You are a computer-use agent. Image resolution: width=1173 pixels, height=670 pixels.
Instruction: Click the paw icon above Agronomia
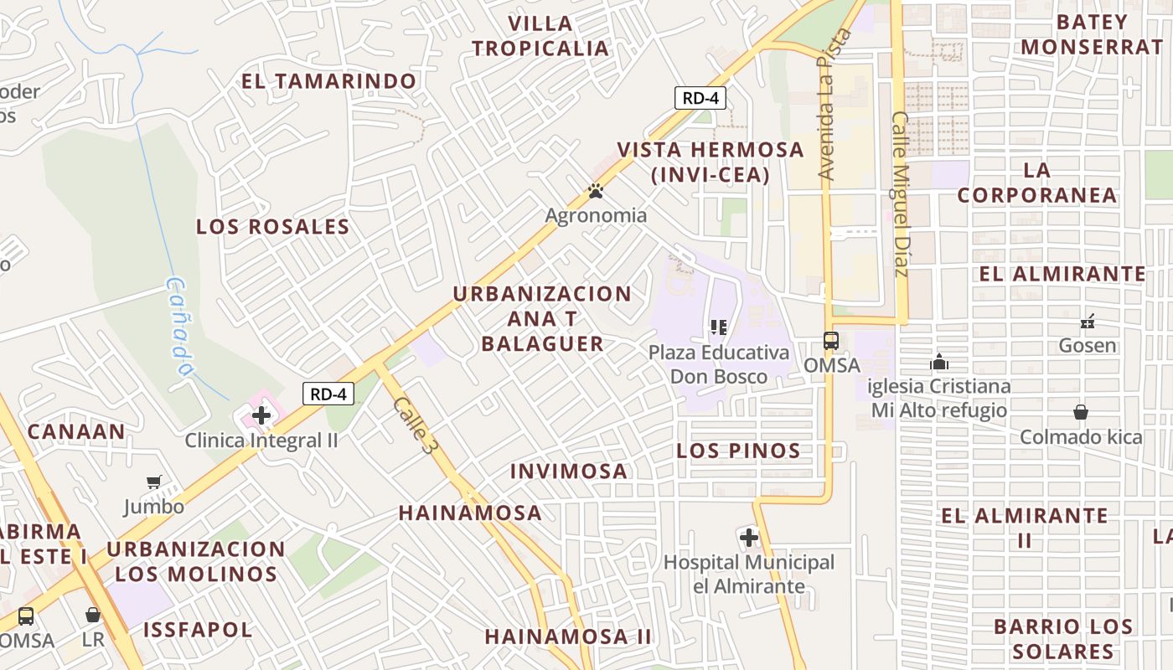pyautogui.click(x=596, y=192)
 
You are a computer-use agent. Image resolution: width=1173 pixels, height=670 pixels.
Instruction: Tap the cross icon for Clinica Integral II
pyautogui.click(x=261, y=415)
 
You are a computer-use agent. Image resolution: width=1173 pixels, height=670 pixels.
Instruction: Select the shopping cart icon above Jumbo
pyautogui.click(x=153, y=482)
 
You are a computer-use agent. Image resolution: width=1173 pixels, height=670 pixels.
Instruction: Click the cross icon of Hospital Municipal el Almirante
pyautogui.click(x=749, y=537)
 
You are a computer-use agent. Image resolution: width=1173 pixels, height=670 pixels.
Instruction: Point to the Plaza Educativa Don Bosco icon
pyautogui.click(x=718, y=327)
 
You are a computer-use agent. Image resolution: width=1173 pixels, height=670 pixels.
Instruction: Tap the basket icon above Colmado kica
pyautogui.click(x=1081, y=412)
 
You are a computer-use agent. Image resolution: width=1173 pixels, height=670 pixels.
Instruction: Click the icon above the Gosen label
pyautogui.click(x=1088, y=321)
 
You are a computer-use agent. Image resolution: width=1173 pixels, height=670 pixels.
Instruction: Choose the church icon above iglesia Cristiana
pyautogui.click(x=939, y=362)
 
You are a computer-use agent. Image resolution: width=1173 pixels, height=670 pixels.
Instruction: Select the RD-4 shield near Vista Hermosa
pyautogui.click(x=700, y=98)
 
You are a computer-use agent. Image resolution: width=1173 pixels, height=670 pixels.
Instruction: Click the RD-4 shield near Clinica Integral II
pyautogui.click(x=328, y=394)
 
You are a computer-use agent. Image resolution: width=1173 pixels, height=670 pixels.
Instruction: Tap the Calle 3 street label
pyautogui.click(x=416, y=425)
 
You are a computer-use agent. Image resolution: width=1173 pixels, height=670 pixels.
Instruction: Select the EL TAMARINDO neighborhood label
pyautogui.click(x=328, y=81)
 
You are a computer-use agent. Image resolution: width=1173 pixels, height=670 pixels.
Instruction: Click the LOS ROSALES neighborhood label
pyautogui.click(x=272, y=227)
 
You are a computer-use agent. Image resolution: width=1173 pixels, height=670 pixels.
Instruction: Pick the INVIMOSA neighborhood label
pyautogui.click(x=569, y=472)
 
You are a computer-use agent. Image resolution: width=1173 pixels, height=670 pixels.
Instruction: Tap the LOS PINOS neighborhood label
pyautogui.click(x=738, y=451)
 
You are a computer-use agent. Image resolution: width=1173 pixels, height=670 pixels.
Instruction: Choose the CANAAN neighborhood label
pyautogui.click(x=76, y=432)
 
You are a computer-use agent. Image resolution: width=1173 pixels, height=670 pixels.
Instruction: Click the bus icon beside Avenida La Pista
pyautogui.click(x=830, y=341)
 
